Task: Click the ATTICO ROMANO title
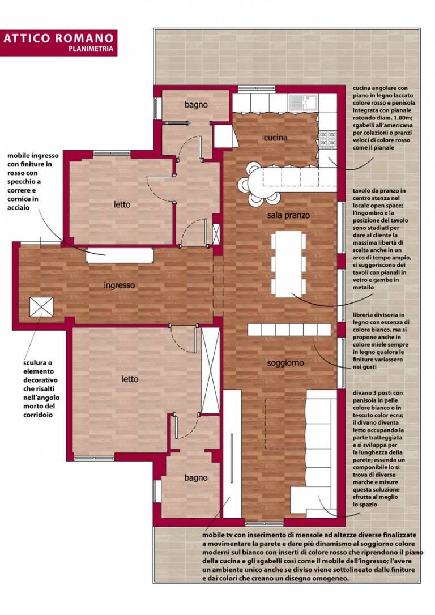click(x=58, y=38)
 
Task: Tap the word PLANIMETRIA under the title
click(x=91, y=49)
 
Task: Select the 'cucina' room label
click(x=275, y=138)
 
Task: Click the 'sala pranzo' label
click(x=288, y=215)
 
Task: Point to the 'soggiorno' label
click(x=285, y=363)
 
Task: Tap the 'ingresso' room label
click(x=120, y=285)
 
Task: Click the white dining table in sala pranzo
click(x=288, y=264)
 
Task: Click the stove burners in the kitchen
click(x=328, y=138)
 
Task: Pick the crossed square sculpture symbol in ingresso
click(x=41, y=307)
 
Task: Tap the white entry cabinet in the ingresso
click(x=120, y=255)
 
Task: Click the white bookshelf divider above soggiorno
click(x=289, y=330)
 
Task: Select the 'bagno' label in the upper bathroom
click(x=196, y=105)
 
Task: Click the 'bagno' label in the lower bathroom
click(x=196, y=478)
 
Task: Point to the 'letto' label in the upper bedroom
click(x=122, y=204)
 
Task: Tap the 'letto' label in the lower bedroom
click(x=130, y=379)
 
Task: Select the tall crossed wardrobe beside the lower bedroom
click(x=211, y=370)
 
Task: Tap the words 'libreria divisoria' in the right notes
click(x=378, y=314)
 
